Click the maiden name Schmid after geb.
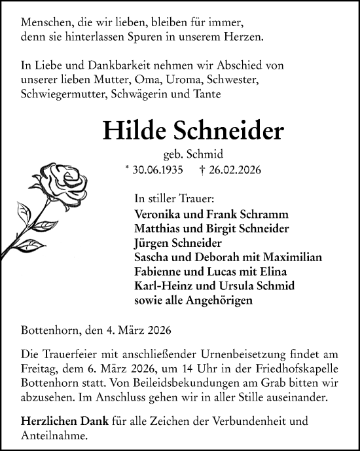click(x=206, y=155)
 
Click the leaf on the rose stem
click(x=24, y=212)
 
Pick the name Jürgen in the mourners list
click(x=150, y=244)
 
